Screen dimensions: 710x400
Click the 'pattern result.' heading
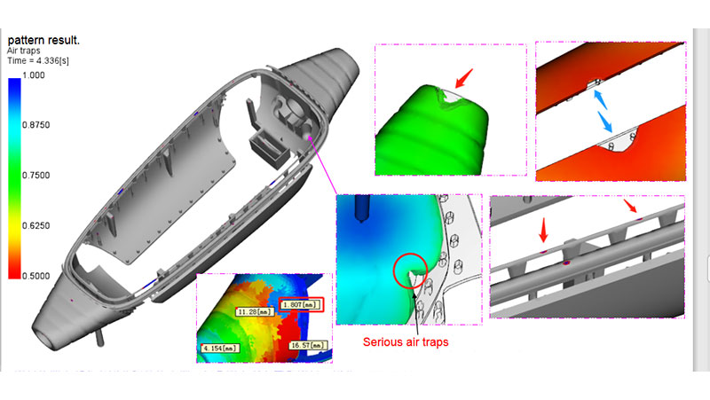43,40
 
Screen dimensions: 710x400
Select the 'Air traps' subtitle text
24,51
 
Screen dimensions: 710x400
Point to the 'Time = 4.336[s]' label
38,60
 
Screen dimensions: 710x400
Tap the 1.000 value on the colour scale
34,75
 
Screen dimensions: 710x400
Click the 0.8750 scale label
35,125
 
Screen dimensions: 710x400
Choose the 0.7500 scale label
35,175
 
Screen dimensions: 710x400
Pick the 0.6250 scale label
35,225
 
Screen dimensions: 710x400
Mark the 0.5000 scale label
35,276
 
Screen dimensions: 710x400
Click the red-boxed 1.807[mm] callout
301,304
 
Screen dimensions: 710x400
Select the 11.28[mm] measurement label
255,312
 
